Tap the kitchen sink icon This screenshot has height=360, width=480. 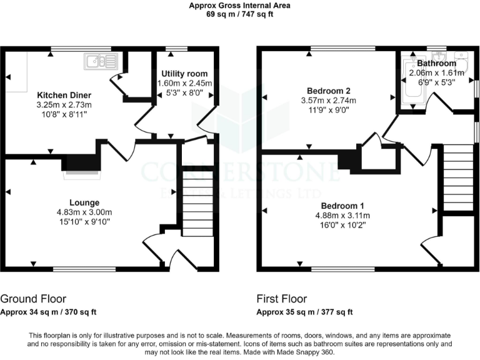[101, 61]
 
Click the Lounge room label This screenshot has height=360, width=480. [84, 202]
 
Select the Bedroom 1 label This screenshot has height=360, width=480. [342, 206]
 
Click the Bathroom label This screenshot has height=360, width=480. [436, 64]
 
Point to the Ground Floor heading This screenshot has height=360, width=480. [33, 299]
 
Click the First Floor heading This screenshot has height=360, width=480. [281, 299]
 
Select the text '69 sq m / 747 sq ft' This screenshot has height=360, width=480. [240, 14]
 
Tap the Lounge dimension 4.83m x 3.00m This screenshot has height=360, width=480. [84, 212]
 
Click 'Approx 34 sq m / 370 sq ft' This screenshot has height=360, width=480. [48, 312]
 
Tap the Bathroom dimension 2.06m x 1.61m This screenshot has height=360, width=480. [436, 72]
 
